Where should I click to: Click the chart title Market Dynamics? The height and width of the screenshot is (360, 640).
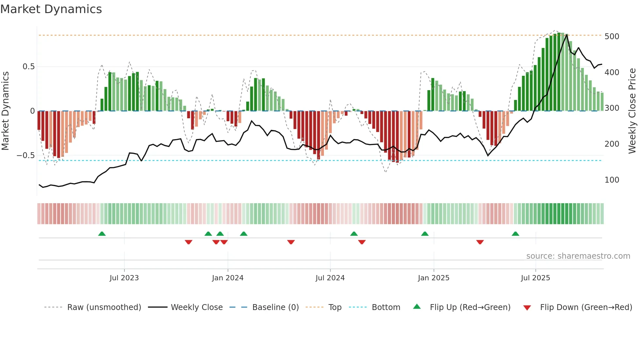[x=51, y=9]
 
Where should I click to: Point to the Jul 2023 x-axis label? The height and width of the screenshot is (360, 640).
[x=124, y=278]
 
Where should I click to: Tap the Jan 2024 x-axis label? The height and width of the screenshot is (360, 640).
[x=228, y=278]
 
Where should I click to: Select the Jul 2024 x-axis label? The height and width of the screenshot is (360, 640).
[x=330, y=278]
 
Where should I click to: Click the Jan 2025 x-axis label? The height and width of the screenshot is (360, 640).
[x=433, y=278]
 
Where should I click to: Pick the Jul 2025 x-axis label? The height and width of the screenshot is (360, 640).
[x=535, y=278]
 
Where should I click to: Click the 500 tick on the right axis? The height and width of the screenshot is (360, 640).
[x=612, y=36]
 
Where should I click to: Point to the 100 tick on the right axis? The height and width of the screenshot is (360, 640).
[x=612, y=180]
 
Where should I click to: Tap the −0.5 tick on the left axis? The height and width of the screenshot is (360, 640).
[x=25, y=155]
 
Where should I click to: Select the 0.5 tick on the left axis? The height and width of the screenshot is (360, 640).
[x=28, y=67]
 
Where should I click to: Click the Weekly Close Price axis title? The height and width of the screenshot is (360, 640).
[x=632, y=111]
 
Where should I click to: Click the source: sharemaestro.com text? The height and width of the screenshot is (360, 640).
[x=578, y=256]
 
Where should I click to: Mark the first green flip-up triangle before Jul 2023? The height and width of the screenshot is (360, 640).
[x=102, y=234]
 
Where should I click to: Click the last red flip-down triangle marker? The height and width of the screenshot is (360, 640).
[x=480, y=242]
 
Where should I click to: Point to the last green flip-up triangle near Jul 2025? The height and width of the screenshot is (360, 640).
[x=515, y=234]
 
